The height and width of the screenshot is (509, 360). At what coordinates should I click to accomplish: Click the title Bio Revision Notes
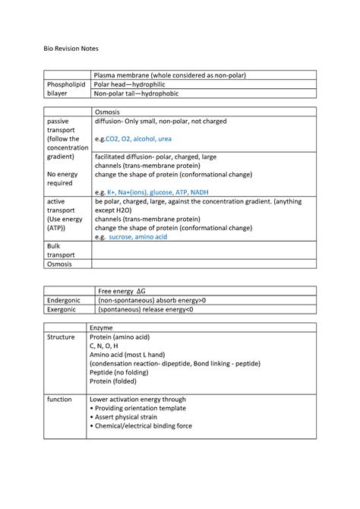(70, 48)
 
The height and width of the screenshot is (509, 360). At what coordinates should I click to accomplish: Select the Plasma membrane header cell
(169, 75)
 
